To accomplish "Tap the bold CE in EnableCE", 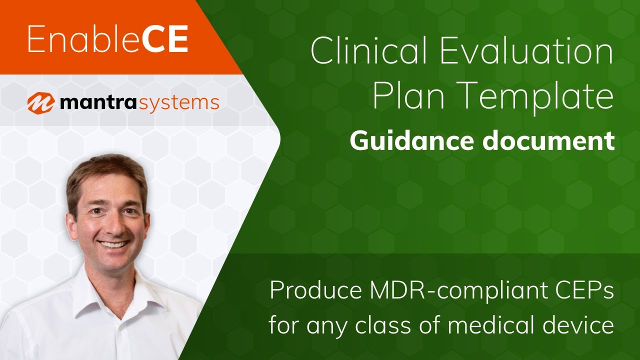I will tap(164, 40).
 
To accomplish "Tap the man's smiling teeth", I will tap(113, 245).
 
